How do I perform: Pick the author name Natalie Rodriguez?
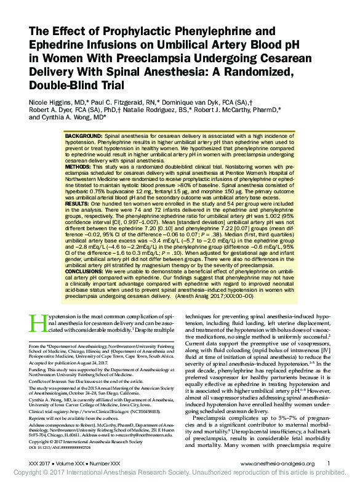click(x=175, y=110)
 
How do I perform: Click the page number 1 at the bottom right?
click(x=329, y=463)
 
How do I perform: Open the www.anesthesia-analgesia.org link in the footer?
click(x=278, y=463)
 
